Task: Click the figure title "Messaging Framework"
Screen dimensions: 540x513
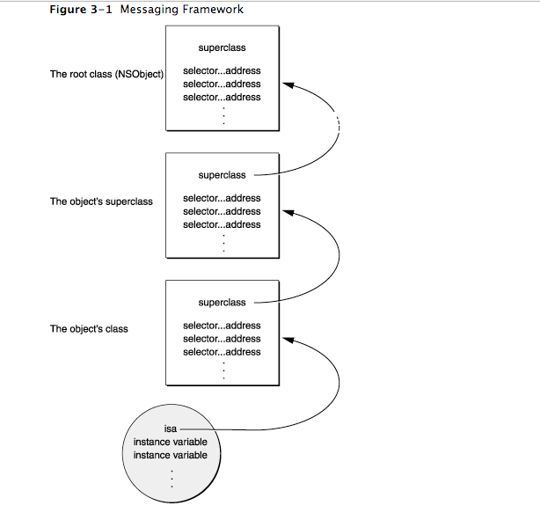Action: tap(181, 10)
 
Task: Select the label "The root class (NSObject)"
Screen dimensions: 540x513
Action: tap(106, 74)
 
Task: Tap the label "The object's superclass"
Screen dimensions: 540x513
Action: tap(101, 202)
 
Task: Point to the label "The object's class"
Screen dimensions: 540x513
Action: tap(89, 329)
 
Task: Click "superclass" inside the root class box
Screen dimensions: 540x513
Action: tap(223, 48)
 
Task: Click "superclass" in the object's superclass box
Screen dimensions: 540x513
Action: tap(223, 175)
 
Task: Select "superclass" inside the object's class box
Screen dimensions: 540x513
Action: tap(223, 303)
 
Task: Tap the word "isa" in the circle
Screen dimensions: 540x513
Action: tap(171, 429)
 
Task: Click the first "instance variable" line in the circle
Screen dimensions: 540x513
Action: tap(171, 442)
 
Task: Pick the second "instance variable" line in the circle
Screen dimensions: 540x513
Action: tap(171, 455)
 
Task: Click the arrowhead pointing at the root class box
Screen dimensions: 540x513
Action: tap(288, 84)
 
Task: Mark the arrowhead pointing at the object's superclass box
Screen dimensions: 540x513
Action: tap(288, 212)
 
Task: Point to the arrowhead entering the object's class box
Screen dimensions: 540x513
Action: tap(288, 340)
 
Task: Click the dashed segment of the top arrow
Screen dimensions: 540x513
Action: tap(339, 125)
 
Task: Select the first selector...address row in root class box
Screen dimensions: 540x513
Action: tap(222, 70)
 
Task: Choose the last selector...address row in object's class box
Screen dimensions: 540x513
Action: tap(222, 352)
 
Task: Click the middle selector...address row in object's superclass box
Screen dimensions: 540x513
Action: tap(222, 211)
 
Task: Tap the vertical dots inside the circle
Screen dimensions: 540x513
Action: tap(171, 479)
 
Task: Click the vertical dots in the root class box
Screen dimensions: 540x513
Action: tap(224, 115)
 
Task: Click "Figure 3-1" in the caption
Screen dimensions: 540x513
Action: tap(81, 10)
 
